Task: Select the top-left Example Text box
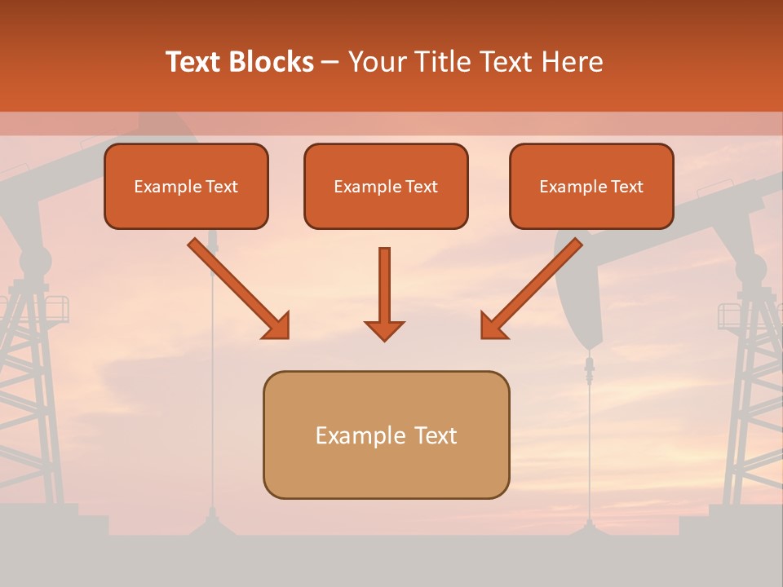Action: point(186,187)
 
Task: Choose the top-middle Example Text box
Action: point(386,187)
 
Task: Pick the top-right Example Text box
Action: point(591,187)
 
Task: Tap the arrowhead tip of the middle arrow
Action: point(384,338)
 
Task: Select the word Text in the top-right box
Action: point(626,187)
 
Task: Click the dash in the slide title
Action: point(330,62)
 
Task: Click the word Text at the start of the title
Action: point(195,62)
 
